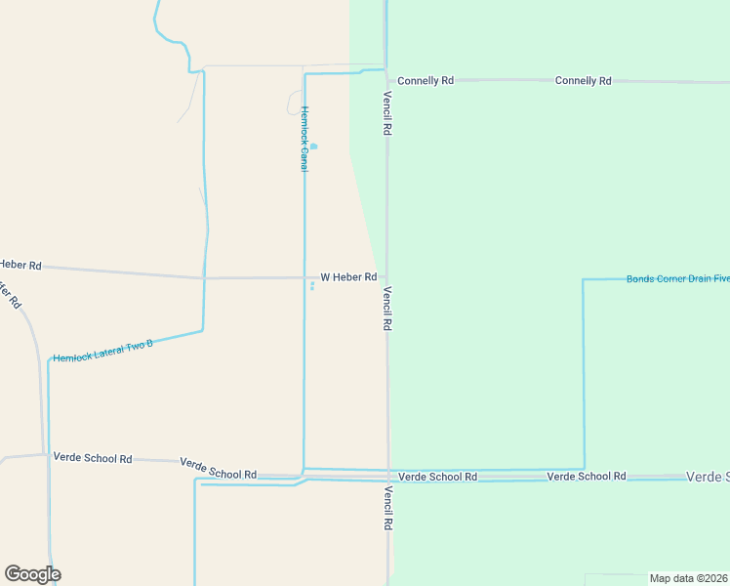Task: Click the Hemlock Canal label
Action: tap(304, 139)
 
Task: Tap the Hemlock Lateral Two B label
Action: tap(103, 352)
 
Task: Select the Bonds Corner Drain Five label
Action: tap(677, 279)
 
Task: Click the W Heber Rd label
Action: tap(348, 277)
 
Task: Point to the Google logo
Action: tap(32, 573)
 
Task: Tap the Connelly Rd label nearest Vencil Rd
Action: tap(426, 80)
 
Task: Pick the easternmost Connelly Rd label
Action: tap(583, 80)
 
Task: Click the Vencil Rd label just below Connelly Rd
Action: tap(387, 113)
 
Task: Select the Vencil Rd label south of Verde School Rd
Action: tap(387, 508)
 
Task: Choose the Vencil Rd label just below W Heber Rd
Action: tap(387, 308)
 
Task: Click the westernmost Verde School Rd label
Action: tap(93, 457)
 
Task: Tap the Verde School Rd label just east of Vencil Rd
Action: tap(438, 477)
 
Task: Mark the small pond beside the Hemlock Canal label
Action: tap(313, 146)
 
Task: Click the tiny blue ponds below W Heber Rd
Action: tap(312, 285)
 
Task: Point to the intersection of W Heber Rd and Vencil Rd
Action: tap(387, 278)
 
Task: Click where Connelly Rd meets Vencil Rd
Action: tap(387, 80)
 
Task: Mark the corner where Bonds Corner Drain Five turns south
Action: tap(584, 280)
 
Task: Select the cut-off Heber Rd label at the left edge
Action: tap(20, 265)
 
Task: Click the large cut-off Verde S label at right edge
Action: tap(708, 477)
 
